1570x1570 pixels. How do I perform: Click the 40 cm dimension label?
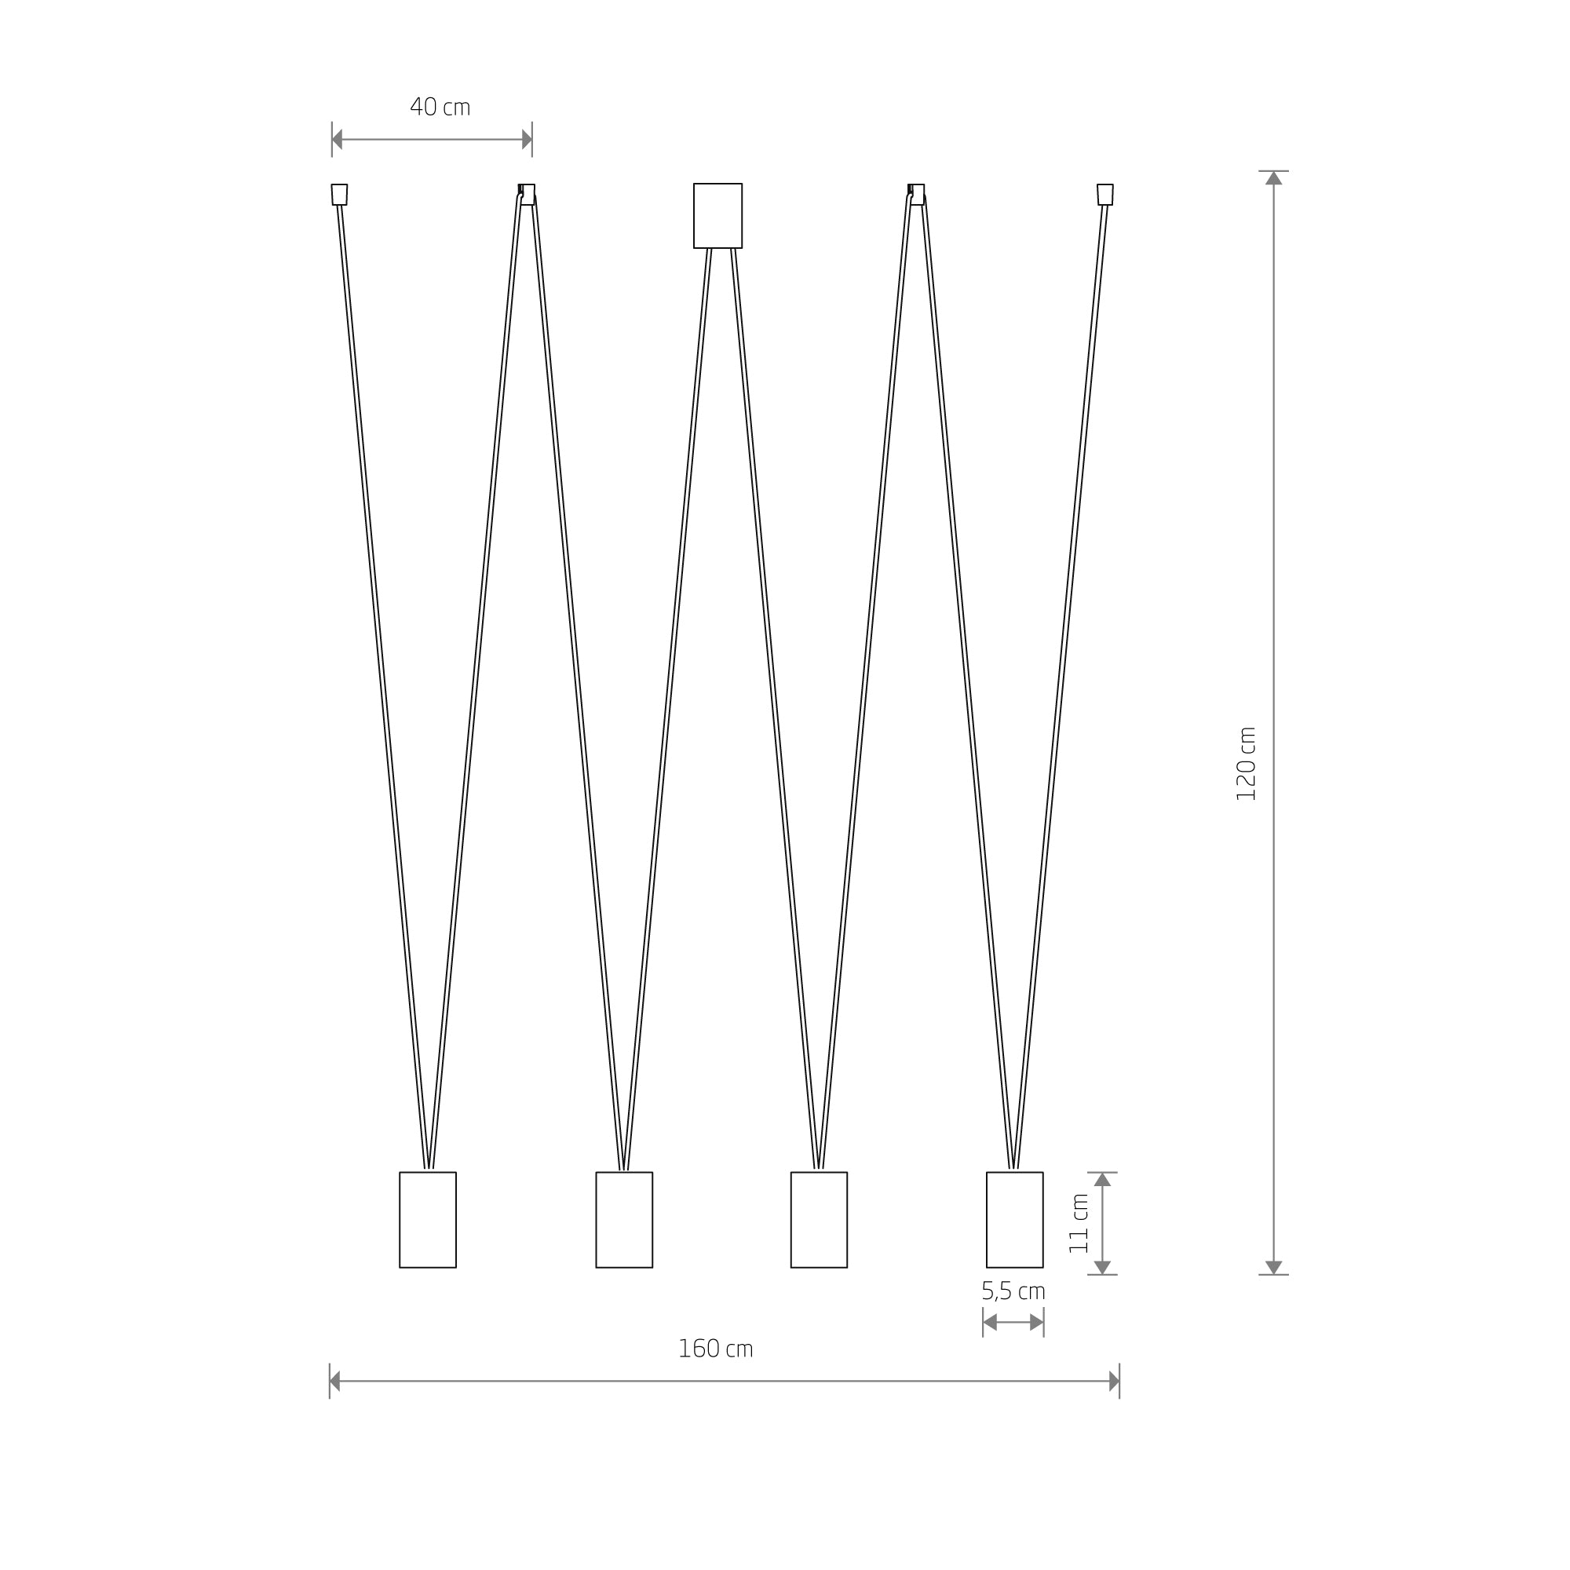pyautogui.click(x=440, y=108)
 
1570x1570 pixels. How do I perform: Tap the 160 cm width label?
pyautogui.click(x=715, y=1349)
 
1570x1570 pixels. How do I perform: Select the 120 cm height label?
pyautogui.click(x=1246, y=764)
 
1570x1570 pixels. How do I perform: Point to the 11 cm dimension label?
pyautogui.click(x=1079, y=1224)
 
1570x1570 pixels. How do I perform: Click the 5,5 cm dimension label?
pyautogui.click(x=1013, y=1291)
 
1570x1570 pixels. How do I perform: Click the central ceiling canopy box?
pyautogui.click(x=717, y=215)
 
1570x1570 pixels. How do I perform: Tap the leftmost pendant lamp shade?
pyautogui.click(x=428, y=1220)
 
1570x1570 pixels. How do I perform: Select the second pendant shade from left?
pyautogui.click(x=624, y=1220)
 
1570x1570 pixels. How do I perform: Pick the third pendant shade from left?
pyautogui.click(x=819, y=1220)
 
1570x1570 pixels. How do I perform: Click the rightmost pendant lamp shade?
pyautogui.click(x=1014, y=1220)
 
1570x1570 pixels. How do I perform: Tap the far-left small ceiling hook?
pyautogui.click(x=340, y=194)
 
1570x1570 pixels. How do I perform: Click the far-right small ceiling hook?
pyautogui.click(x=1104, y=194)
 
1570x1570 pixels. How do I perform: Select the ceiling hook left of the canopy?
pyautogui.click(x=527, y=194)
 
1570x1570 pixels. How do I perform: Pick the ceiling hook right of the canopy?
pyautogui.click(x=917, y=194)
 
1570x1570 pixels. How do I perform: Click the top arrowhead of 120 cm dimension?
pyautogui.click(x=1273, y=178)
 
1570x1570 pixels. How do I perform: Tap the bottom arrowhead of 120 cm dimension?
pyautogui.click(x=1273, y=1268)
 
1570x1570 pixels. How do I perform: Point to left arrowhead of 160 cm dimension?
pyautogui.click(x=335, y=1382)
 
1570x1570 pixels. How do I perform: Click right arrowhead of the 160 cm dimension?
pyautogui.click(x=1114, y=1382)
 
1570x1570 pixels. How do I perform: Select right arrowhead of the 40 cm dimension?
pyautogui.click(x=527, y=139)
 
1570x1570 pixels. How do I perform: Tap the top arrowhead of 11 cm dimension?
pyautogui.click(x=1102, y=1180)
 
